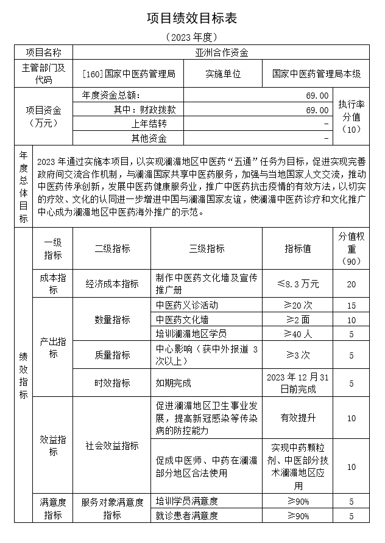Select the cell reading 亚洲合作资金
click(x=221, y=52)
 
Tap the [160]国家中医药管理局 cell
click(x=128, y=74)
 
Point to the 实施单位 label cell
click(x=223, y=74)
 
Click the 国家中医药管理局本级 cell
click(x=316, y=74)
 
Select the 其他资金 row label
click(x=149, y=138)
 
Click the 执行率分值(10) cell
click(x=351, y=116)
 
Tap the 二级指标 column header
click(x=112, y=248)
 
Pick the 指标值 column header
click(x=298, y=248)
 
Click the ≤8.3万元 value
click(x=298, y=284)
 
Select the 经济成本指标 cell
click(x=112, y=284)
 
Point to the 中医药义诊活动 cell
click(x=186, y=305)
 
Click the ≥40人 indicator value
click(x=298, y=333)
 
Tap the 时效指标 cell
click(x=112, y=383)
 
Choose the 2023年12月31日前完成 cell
click(x=298, y=383)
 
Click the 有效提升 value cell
click(x=298, y=418)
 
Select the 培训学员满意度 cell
click(x=186, y=501)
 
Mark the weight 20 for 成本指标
click(x=351, y=284)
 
